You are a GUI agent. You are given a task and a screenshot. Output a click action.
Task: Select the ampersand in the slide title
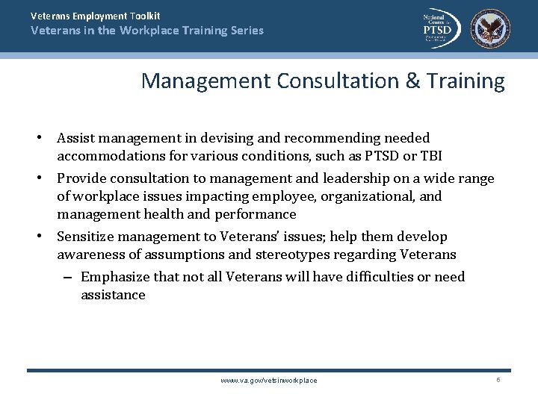click(x=414, y=81)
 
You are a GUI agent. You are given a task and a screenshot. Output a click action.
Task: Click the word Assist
click(x=77, y=138)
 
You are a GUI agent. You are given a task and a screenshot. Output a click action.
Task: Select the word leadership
click(x=355, y=178)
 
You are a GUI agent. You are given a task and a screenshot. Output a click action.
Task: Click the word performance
click(x=256, y=214)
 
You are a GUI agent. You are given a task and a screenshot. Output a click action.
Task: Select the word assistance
click(x=113, y=295)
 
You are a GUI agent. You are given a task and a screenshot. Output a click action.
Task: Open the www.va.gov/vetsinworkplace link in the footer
click(x=269, y=381)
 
